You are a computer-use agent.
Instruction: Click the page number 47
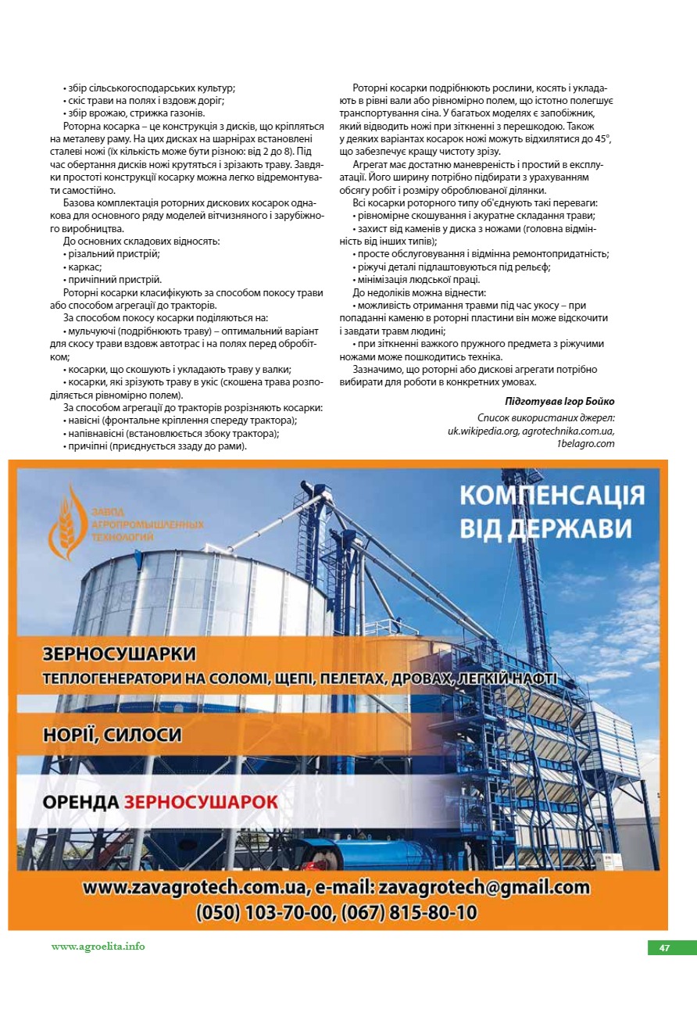pyautogui.click(x=664, y=948)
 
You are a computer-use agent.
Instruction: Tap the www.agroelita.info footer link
pyautogui.click(x=98, y=946)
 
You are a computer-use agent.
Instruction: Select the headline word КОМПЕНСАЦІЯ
pyautogui.click(x=552, y=496)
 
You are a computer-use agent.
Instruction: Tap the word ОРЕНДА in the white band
pyautogui.click(x=80, y=802)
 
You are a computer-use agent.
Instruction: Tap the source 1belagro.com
pyautogui.click(x=585, y=443)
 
